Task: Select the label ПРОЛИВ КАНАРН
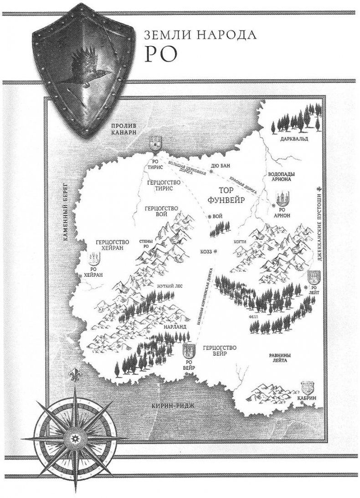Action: coord(120,129)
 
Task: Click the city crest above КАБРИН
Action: coord(309,388)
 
